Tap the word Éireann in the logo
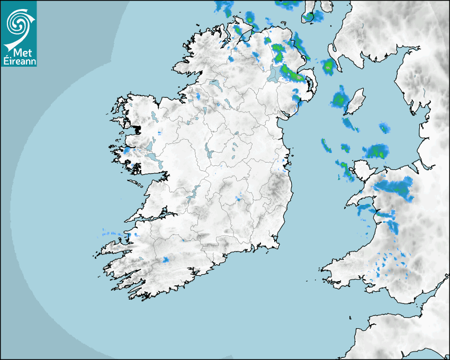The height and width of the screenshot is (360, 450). tap(19, 61)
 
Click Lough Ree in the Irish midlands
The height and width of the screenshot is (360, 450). tap(209, 152)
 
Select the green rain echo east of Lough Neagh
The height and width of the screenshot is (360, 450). tap(293, 74)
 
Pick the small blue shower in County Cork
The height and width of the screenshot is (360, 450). tap(165, 259)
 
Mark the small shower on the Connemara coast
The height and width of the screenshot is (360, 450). tap(127, 150)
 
